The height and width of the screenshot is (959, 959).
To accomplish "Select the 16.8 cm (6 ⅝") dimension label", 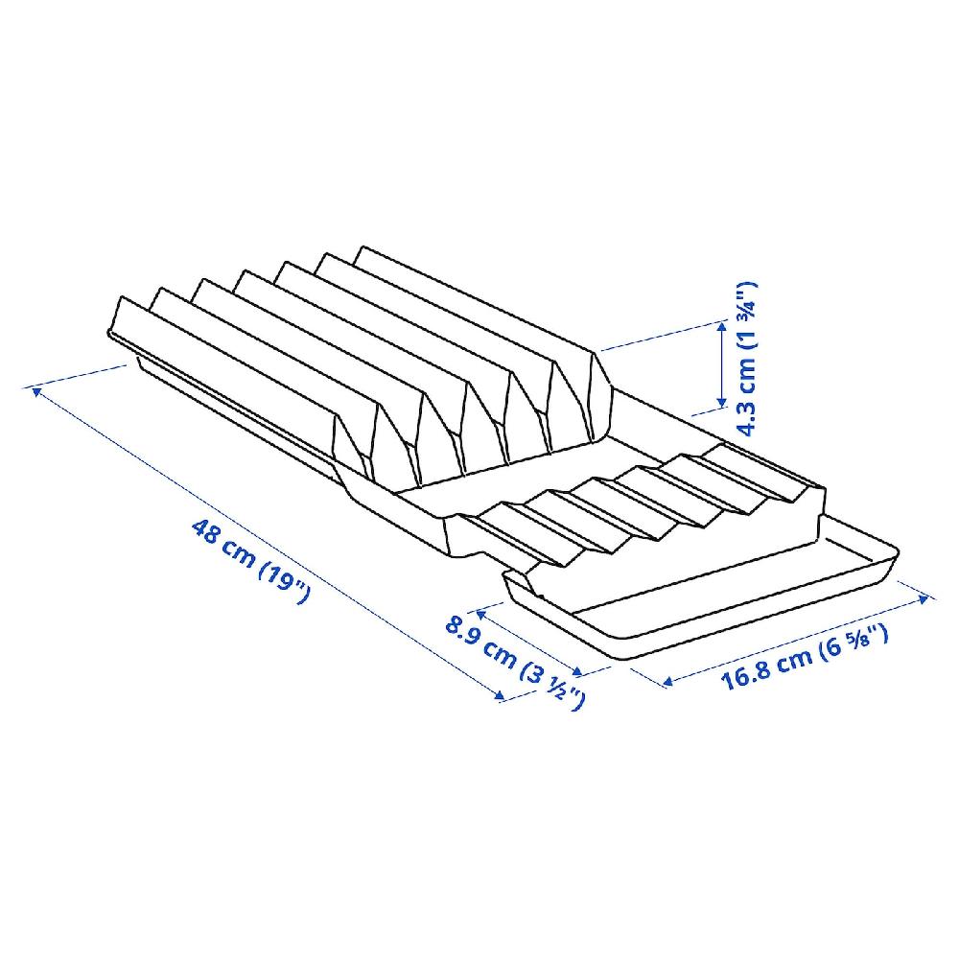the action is (805, 656).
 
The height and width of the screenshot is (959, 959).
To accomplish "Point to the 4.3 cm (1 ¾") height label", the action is (746, 359).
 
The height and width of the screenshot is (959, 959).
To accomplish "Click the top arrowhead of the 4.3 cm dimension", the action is (722, 327).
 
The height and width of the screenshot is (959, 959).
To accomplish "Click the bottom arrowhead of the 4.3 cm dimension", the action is (722, 403).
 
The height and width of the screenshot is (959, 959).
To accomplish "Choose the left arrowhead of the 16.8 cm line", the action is (667, 680).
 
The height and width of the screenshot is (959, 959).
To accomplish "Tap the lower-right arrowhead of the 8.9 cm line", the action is (578, 671).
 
